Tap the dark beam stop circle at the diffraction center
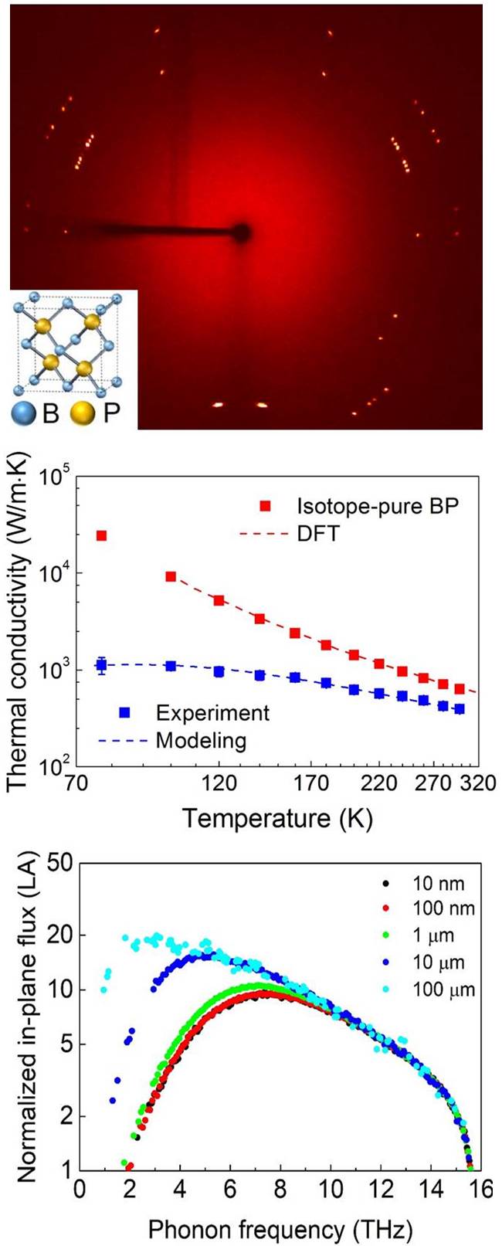pos(242,231)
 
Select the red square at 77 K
pos(101,535)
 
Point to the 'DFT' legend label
pos(318,532)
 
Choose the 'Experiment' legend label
pos(212,712)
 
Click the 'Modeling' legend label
pos(202,740)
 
